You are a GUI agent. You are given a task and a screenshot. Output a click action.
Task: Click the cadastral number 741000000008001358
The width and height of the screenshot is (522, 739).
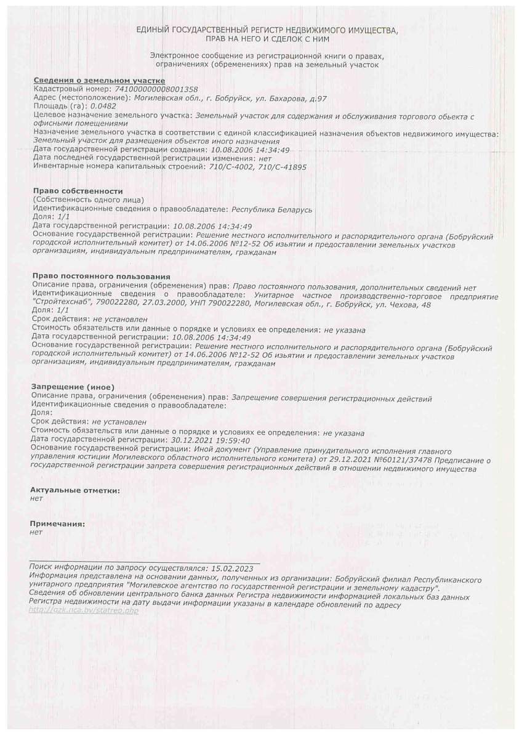[x=153, y=89]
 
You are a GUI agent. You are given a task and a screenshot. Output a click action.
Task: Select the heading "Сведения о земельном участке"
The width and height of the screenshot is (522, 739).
[x=98, y=81]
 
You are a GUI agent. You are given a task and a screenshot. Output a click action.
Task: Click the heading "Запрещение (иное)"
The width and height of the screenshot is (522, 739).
[x=72, y=386]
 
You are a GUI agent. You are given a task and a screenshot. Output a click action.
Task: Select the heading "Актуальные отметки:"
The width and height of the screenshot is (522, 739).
[x=75, y=490]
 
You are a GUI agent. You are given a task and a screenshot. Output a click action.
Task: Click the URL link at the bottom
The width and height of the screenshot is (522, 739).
[x=83, y=610]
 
